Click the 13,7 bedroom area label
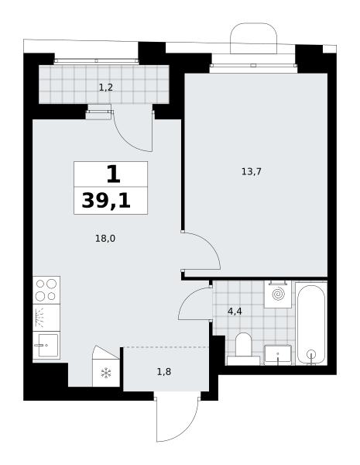[252, 172]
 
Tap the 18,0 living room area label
[105, 238]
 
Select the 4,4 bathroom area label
[235, 312]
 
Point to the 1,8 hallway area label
[164, 371]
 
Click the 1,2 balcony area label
[106, 88]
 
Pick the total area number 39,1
[106, 201]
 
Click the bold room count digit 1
[113, 174]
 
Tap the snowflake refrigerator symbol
[106, 373]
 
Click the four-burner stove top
[46, 290]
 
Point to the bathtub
[311, 324]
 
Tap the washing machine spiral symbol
[278, 294]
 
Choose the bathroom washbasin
[278, 355]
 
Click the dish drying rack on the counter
[39, 318]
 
